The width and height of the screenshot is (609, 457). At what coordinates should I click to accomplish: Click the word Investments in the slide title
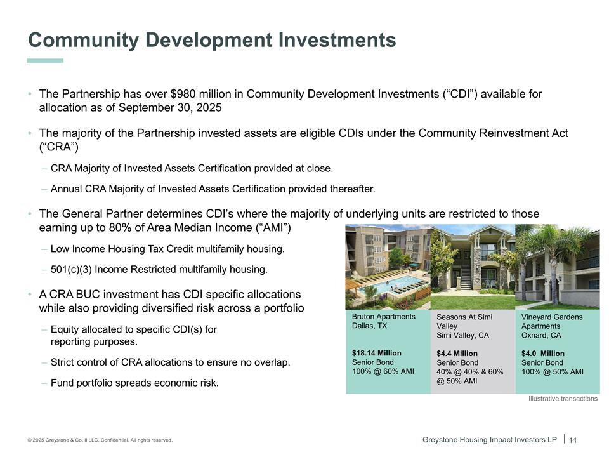(337, 39)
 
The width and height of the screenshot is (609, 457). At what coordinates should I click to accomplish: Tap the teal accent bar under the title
(45, 61)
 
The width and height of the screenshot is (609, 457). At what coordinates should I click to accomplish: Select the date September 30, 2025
(170, 108)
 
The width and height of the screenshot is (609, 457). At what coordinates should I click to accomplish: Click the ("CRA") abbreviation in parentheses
(58, 147)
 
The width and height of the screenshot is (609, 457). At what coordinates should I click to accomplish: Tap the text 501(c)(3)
(71, 270)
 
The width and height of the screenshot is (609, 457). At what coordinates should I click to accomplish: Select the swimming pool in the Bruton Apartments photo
(388, 286)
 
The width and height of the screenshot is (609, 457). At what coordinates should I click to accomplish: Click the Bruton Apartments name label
(383, 317)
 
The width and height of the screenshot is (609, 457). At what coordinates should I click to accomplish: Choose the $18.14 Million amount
(376, 353)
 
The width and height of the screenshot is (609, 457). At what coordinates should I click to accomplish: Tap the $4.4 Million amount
(457, 354)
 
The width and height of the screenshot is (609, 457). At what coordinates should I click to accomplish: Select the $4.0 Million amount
(542, 354)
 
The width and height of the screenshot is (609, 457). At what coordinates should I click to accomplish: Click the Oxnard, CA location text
(541, 335)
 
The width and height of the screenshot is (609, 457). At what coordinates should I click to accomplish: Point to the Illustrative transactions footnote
(563, 399)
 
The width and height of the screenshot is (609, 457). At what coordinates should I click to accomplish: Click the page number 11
(572, 440)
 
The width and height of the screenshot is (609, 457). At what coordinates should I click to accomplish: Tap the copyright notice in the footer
(100, 440)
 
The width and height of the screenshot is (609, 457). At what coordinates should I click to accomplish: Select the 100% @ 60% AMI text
(383, 371)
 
